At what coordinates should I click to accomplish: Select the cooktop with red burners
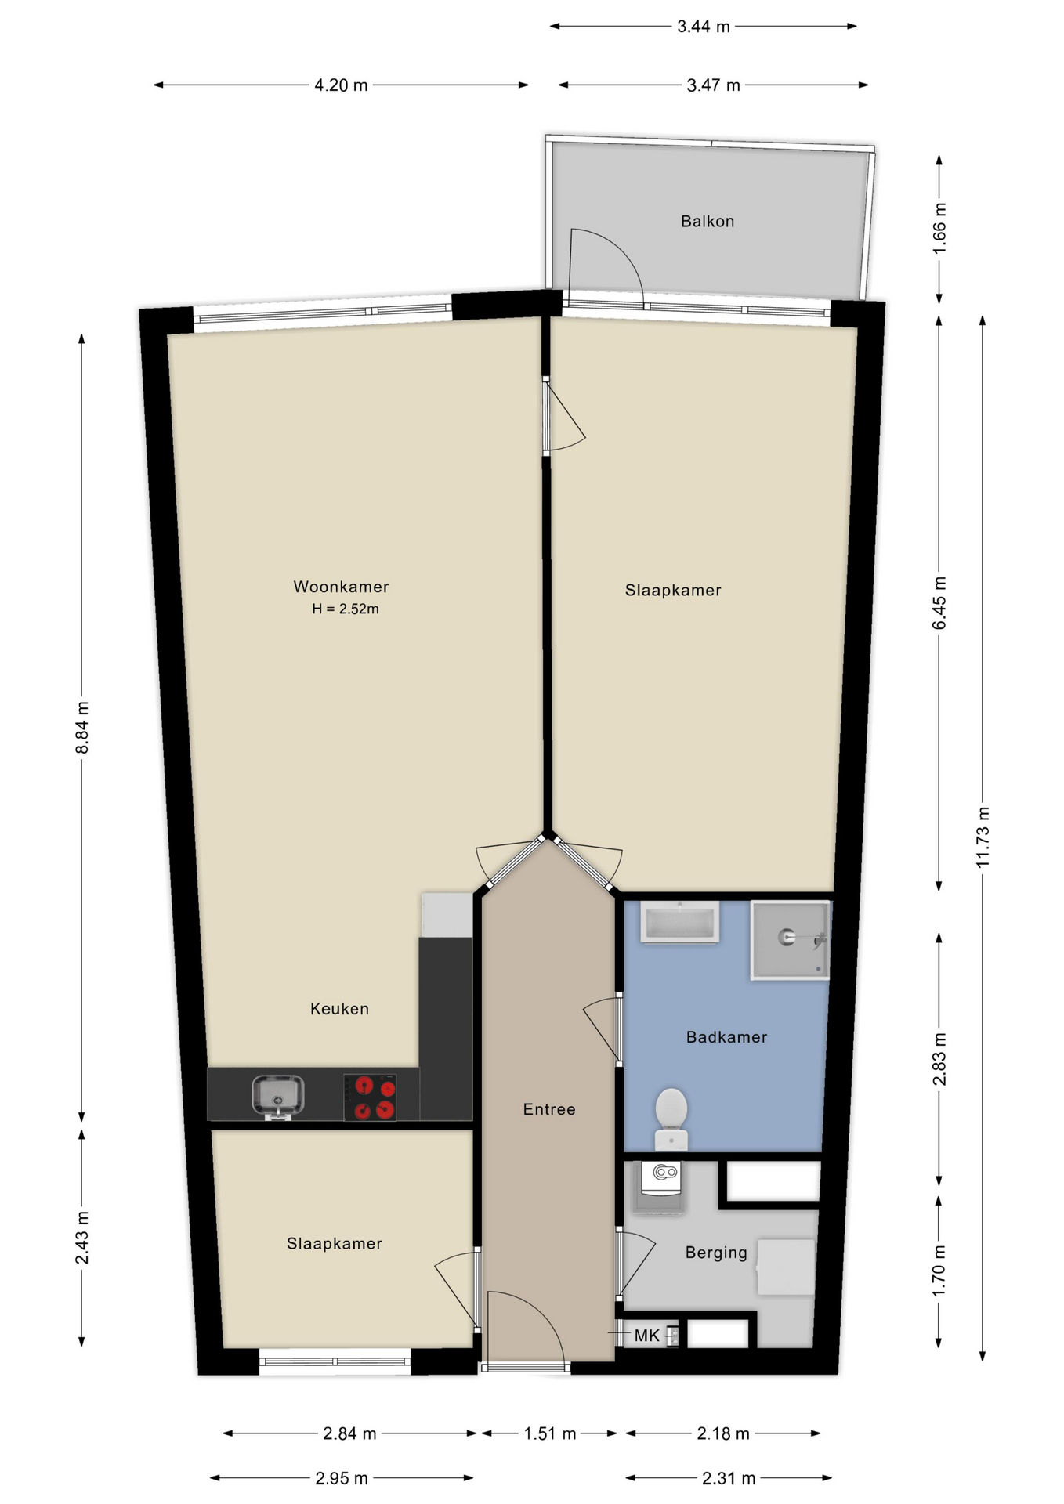tap(370, 1097)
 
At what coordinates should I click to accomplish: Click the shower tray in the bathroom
tap(790, 939)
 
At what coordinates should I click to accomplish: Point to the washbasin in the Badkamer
tap(679, 922)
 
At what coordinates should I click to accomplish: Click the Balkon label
tap(708, 222)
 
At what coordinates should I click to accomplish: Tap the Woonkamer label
tap(341, 587)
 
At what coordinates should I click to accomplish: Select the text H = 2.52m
tap(345, 609)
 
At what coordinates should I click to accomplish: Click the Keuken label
tap(339, 1009)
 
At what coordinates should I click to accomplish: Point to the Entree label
tap(549, 1109)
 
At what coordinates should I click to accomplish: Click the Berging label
tap(716, 1253)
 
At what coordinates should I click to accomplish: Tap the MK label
tap(647, 1336)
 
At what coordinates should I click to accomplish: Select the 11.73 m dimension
tap(983, 836)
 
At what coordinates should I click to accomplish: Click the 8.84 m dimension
tap(82, 728)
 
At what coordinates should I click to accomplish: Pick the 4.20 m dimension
tap(341, 85)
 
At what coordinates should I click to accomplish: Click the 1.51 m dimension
tap(549, 1433)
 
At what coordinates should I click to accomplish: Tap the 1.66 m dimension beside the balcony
tap(939, 227)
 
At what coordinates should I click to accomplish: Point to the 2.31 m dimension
tap(729, 1478)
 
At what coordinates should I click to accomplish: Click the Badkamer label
tap(726, 1037)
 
